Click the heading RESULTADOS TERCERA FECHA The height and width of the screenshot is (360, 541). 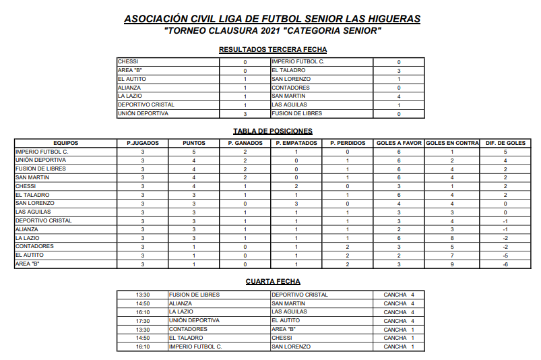[273, 49]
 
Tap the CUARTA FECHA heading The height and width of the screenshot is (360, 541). [273, 281]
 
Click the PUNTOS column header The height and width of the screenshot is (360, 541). [193, 143]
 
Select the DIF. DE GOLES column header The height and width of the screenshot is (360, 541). [505, 143]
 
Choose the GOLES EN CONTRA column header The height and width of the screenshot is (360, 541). [452, 143]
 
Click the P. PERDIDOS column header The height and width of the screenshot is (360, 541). [347, 143]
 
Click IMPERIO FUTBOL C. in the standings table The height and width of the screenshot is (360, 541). [42, 152]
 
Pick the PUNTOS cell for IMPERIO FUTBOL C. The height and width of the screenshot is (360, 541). [193, 152]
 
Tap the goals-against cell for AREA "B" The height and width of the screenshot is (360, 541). [452, 264]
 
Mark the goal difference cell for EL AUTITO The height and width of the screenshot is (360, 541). [505, 256]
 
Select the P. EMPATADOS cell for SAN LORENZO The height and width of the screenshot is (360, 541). [296, 204]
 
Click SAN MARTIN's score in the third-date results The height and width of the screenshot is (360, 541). [399, 96]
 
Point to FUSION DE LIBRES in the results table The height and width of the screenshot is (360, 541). [296, 114]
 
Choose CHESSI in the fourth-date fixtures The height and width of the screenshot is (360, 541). [282, 338]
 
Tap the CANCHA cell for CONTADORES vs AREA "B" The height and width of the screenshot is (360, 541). [399, 329]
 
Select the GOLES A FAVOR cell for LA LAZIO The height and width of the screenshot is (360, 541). [399, 238]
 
